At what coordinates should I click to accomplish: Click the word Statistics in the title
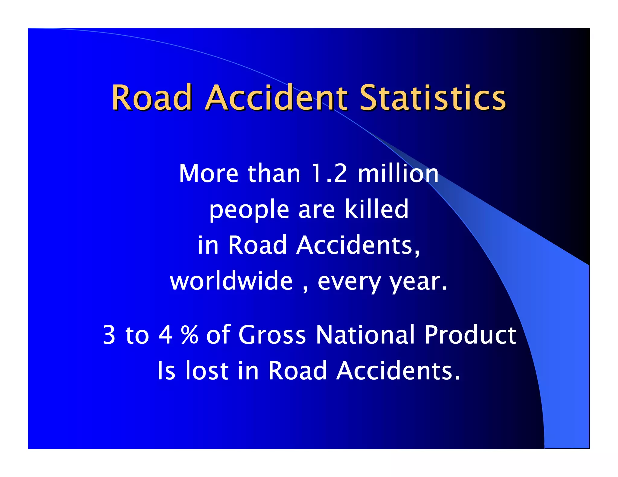(432, 97)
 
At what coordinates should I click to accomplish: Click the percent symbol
(190, 334)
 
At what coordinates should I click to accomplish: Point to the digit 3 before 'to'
(109, 334)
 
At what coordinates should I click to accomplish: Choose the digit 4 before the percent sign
(165, 334)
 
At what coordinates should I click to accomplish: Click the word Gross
(272, 334)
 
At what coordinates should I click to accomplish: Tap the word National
(365, 334)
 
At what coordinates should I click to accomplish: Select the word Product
(470, 334)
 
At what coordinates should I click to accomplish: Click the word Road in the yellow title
(152, 97)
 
